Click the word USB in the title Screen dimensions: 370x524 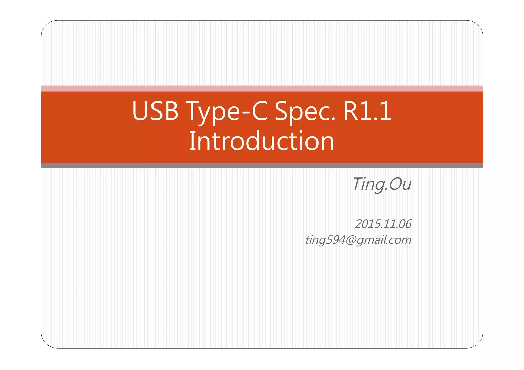155,111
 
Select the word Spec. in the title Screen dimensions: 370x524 305,111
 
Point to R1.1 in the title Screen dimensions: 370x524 367,111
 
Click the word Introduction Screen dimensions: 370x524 261,141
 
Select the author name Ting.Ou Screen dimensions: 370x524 382,184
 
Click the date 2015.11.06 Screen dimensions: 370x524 383,224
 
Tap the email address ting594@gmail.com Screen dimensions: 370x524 358,240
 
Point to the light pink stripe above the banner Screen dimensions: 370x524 262,88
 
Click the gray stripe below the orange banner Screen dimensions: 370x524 262,165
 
